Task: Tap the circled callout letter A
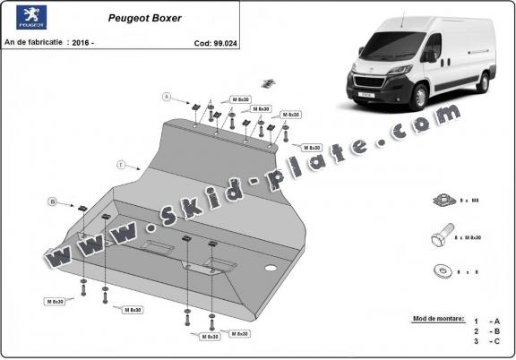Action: point(166,96)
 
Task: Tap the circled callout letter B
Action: point(53,201)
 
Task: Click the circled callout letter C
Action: point(119,164)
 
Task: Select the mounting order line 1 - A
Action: point(488,320)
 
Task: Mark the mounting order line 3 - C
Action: point(488,341)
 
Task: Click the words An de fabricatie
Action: point(34,41)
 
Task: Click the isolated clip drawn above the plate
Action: point(268,83)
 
